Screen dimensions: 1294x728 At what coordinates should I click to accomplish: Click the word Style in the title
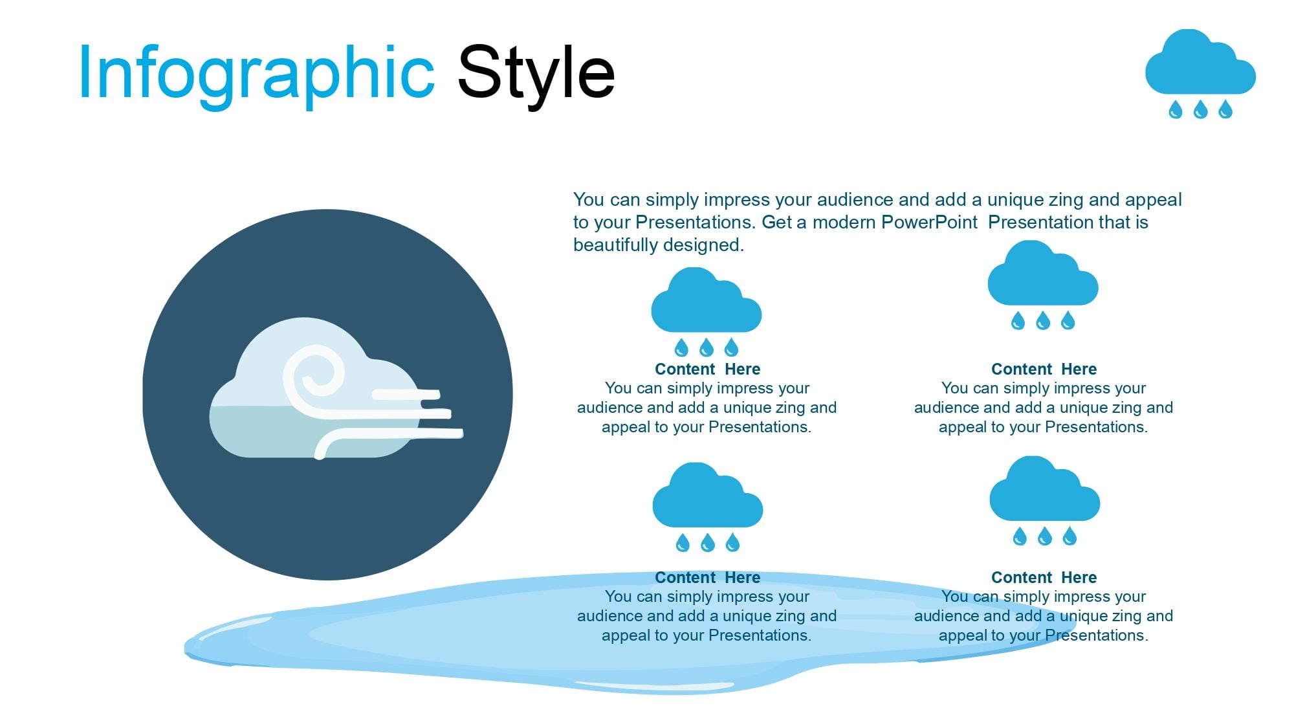(x=536, y=72)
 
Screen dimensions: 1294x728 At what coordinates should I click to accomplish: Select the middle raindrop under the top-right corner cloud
(x=1200, y=109)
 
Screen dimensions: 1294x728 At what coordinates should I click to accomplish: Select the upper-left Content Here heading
(x=707, y=369)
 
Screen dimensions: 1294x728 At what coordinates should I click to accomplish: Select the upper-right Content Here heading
(x=1044, y=369)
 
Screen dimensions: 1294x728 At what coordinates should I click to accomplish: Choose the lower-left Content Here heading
(x=707, y=577)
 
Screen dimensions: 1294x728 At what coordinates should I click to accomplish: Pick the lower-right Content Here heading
(x=1044, y=577)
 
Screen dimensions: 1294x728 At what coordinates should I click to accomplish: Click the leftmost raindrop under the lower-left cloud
(x=683, y=542)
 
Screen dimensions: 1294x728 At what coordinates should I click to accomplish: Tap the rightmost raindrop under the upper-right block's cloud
(x=1068, y=320)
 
